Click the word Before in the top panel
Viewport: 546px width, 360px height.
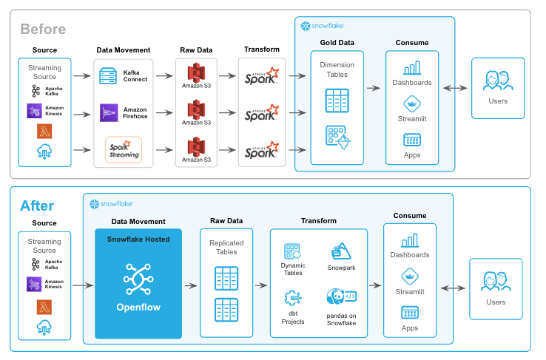pyautogui.click(x=43, y=30)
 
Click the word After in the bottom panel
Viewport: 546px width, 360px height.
pyautogui.click(x=37, y=205)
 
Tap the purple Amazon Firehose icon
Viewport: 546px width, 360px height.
pyautogui.click(x=109, y=112)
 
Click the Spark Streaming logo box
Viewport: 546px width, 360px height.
pyautogui.click(x=124, y=150)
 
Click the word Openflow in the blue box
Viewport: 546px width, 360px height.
pyautogui.click(x=138, y=307)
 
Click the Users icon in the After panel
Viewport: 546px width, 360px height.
pyautogui.click(x=496, y=282)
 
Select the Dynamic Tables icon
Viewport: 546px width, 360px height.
pyautogui.click(x=292, y=251)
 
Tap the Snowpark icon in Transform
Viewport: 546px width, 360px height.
pyautogui.click(x=341, y=251)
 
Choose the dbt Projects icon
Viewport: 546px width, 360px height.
pyautogui.click(x=292, y=299)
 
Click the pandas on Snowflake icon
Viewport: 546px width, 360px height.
pyautogui.click(x=341, y=297)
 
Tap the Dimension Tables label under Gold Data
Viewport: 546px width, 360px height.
pyautogui.click(x=337, y=69)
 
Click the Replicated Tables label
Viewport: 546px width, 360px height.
pyautogui.click(x=226, y=247)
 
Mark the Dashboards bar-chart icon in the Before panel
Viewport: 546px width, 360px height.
pyautogui.click(x=412, y=67)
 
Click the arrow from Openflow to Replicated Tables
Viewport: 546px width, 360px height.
pyautogui.click(x=191, y=284)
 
